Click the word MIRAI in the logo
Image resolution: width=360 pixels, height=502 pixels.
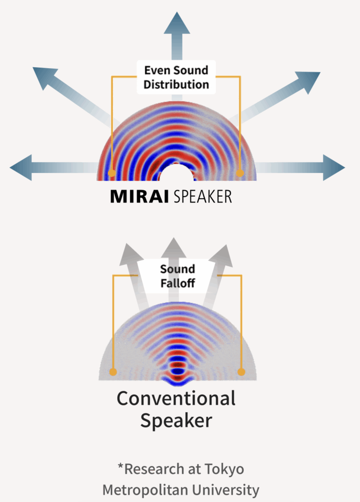(139, 197)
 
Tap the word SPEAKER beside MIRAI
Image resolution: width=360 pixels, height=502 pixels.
(202, 197)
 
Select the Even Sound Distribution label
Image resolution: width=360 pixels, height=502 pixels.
(176, 77)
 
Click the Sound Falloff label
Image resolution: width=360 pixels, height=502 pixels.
(177, 276)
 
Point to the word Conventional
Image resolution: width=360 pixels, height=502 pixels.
(176, 398)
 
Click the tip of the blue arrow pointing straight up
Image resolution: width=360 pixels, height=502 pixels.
(177, 15)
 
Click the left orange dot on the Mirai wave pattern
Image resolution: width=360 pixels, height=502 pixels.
(112, 173)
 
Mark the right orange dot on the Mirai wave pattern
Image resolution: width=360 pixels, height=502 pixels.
(240, 173)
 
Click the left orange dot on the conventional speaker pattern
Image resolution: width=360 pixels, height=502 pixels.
(113, 372)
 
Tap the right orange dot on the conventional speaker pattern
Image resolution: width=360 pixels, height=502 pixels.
(241, 372)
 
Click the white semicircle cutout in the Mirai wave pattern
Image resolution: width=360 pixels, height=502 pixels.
(177, 174)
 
